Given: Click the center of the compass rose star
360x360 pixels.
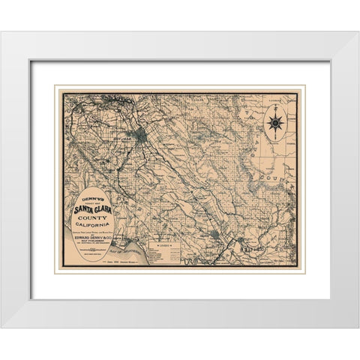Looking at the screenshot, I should (x=275, y=121).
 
